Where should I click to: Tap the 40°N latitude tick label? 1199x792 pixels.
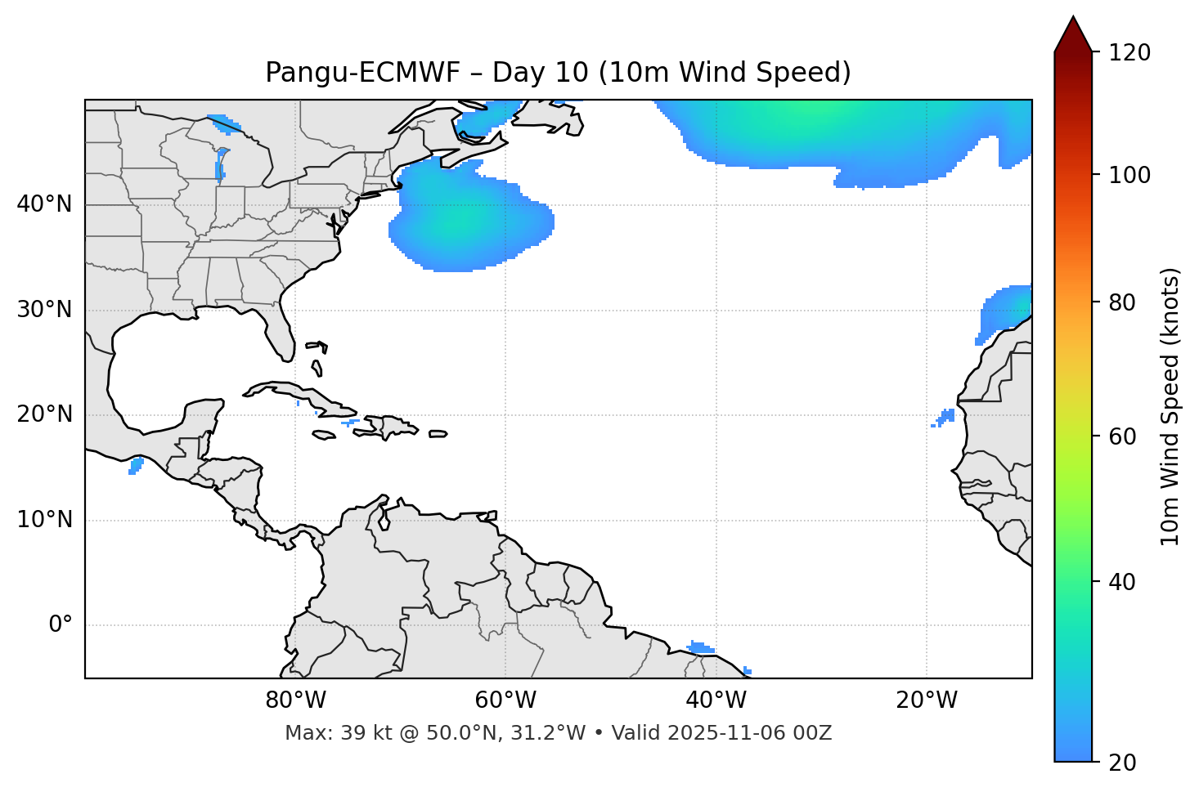tap(44, 204)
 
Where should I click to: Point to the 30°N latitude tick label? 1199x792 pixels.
tap(44, 310)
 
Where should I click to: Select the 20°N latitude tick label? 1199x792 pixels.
tap(44, 414)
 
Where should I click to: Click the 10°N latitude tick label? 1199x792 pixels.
tap(44, 520)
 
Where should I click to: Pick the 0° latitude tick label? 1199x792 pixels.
tap(61, 625)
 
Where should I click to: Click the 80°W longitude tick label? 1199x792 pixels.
tap(295, 700)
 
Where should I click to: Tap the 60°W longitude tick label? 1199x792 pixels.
tap(505, 700)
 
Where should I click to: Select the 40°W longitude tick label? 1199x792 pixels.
tap(716, 700)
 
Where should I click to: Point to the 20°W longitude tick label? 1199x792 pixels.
tap(926, 700)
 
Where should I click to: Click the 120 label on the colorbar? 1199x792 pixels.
tap(1129, 53)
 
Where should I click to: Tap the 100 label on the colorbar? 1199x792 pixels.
tap(1129, 175)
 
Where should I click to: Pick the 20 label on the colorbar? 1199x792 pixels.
tap(1123, 763)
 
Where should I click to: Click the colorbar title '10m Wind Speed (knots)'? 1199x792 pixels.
tap(1171, 406)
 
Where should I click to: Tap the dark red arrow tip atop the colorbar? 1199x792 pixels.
tap(1073, 33)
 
